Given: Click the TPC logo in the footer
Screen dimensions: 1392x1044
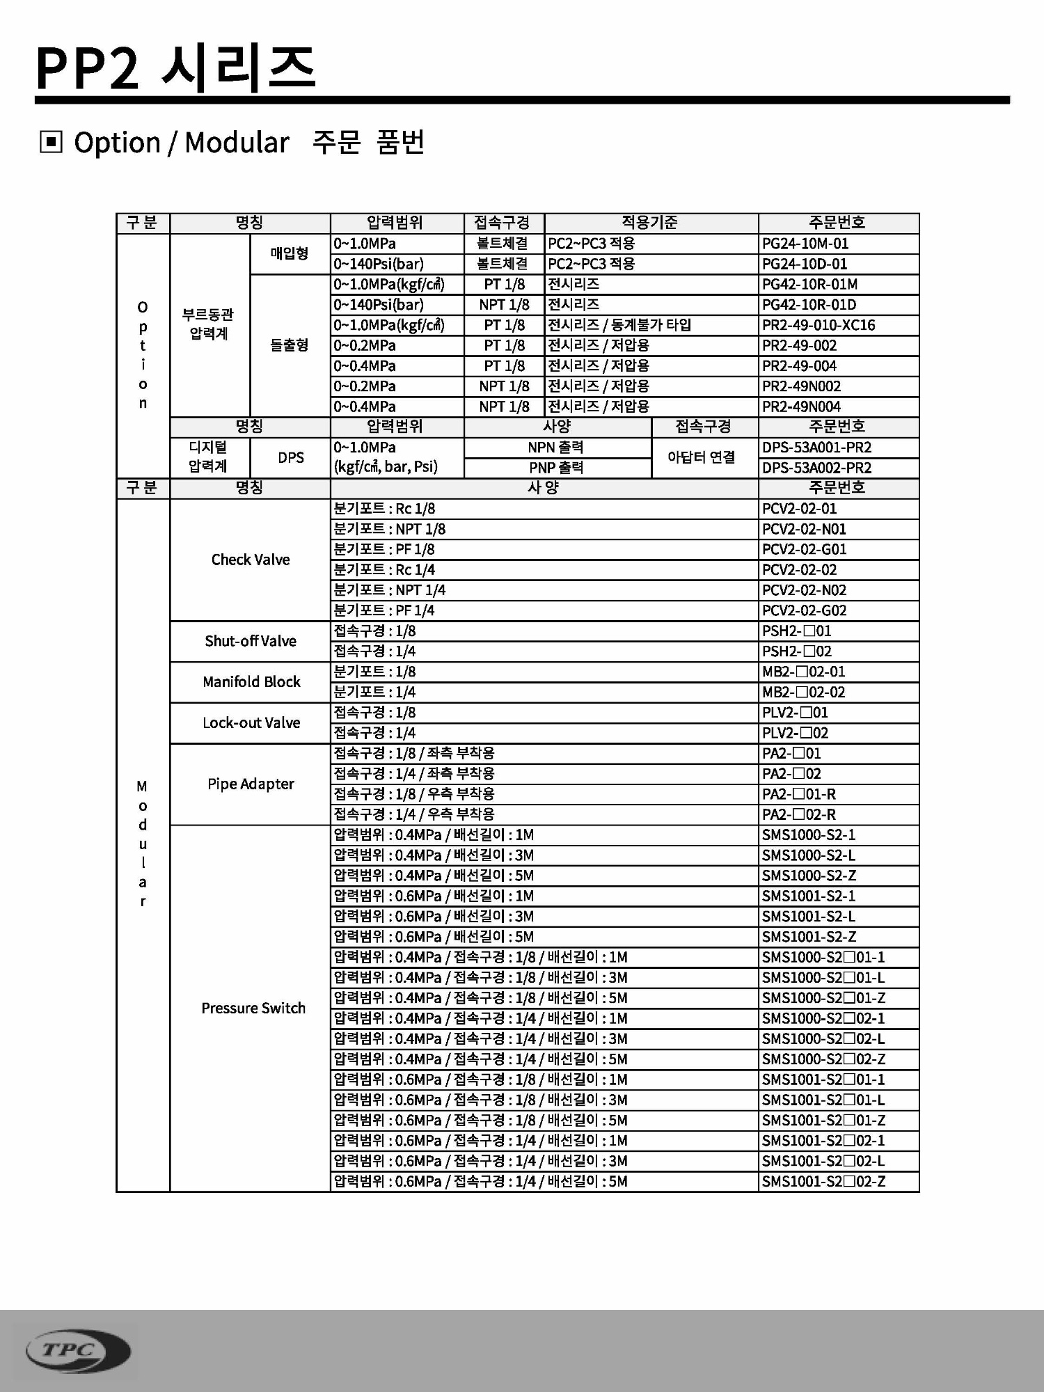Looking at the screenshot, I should click(x=77, y=1351).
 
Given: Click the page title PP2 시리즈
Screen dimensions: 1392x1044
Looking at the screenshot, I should click(x=175, y=68).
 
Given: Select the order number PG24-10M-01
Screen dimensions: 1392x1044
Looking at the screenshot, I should click(x=805, y=244).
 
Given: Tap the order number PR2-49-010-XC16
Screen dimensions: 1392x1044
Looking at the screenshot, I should click(x=818, y=325).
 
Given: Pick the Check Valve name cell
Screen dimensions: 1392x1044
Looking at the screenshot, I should click(x=251, y=560).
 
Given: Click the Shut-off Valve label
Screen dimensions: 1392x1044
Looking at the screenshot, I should click(x=251, y=641).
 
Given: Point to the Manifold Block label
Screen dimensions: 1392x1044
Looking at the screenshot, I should click(x=251, y=682).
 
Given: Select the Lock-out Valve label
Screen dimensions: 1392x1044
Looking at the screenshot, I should click(x=251, y=722).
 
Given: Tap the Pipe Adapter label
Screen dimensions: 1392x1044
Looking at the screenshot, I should click(x=251, y=784).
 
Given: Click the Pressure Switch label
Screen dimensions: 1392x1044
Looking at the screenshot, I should click(x=253, y=1008).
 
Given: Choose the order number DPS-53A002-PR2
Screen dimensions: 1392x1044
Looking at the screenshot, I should click(x=816, y=468).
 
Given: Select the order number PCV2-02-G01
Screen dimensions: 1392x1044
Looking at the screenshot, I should click(x=804, y=549).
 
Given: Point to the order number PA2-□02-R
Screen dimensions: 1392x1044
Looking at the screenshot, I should click(x=798, y=814).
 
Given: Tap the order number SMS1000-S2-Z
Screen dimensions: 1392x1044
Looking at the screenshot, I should click(x=808, y=876).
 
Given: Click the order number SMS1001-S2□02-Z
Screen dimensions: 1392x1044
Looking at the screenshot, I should click(x=823, y=1181).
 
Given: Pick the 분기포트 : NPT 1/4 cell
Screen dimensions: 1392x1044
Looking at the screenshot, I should click(x=390, y=590).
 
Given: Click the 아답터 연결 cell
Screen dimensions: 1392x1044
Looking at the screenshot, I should click(x=701, y=457).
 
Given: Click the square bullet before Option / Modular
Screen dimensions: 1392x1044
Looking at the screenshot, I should click(x=51, y=143).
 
